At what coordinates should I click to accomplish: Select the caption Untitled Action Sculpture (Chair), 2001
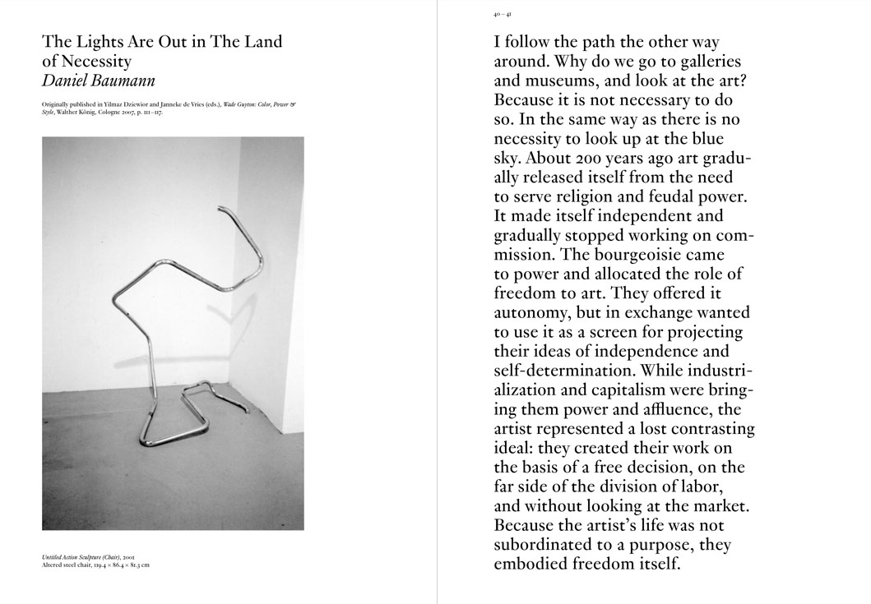point(88,557)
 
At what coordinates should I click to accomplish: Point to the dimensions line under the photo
point(95,565)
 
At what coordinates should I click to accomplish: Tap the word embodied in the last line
point(531,564)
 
